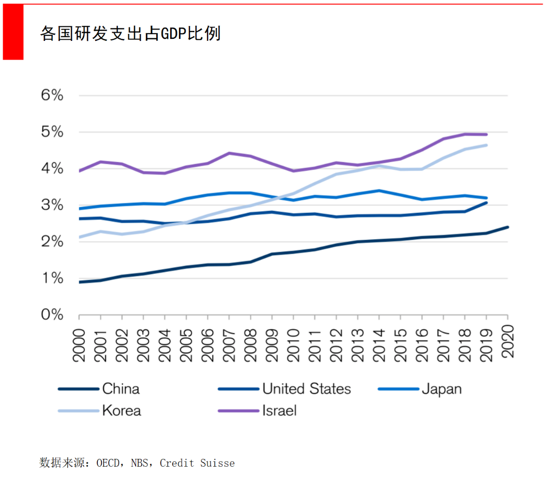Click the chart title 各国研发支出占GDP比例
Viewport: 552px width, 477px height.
130,33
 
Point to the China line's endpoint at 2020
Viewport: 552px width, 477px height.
508,227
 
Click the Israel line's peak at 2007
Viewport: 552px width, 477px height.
229,153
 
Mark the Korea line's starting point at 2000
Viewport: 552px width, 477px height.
79,237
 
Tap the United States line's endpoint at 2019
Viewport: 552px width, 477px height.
486,203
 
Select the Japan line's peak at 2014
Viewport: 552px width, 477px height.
379,191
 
